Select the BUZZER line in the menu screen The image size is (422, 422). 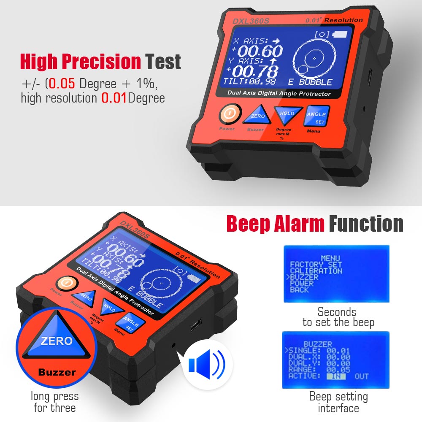pos(303,277)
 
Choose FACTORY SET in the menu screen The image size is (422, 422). pos(316,265)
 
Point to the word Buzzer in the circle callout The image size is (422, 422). pos(57,372)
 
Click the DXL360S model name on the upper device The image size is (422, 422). pos(248,21)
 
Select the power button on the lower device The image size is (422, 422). pos(65,283)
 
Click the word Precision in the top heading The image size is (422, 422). pos(101,62)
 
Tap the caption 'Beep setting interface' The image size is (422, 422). pos(338,402)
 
